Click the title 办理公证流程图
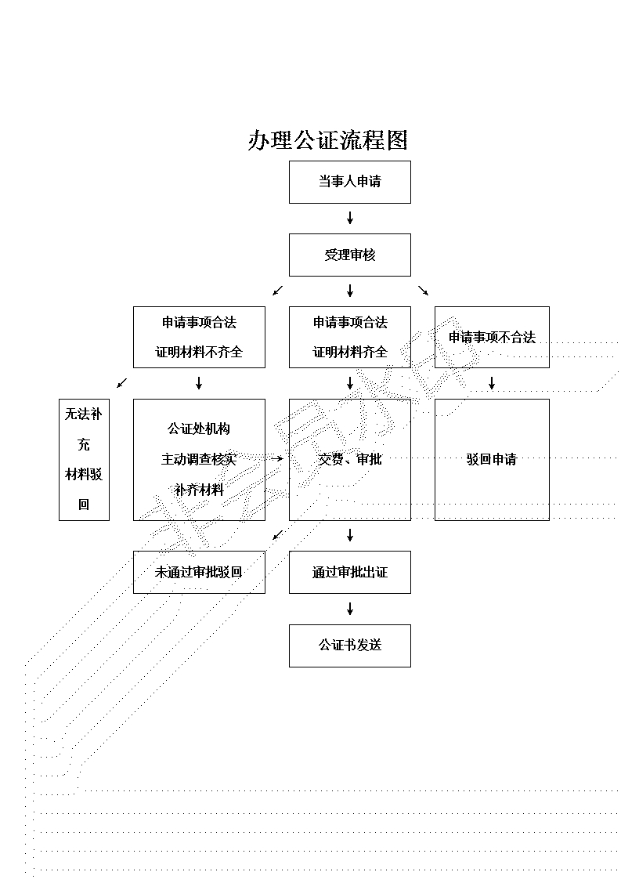(x=328, y=140)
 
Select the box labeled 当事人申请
(x=349, y=182)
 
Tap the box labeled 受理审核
(x=349, y=255)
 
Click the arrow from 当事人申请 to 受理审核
(x=350, y=218)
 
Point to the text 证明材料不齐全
(x=199, y=352)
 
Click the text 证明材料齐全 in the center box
(x=350, y=352)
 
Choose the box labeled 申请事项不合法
(x=492, y=337)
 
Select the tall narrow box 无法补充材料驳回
(x=84, y=459)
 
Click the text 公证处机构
(x=199, y=429)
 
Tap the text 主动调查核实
(x=199, y=459)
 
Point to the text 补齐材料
(x=199, y=490)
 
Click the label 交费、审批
(x=350, y=459)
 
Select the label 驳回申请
(x=492, y=459)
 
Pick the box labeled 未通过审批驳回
(x=199, y=572)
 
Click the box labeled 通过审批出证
(x=349, y=572)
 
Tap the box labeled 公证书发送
(x=349, y=645)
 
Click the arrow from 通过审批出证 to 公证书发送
(x=350, y=609)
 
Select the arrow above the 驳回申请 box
(x=492, y=383)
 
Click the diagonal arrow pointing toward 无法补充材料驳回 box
(x=121, y=383)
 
